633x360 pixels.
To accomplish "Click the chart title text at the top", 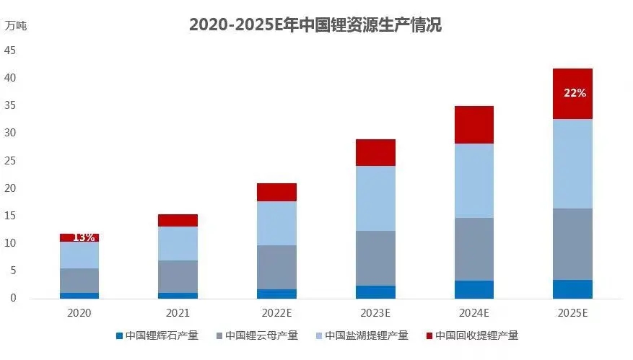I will tap(315, 25).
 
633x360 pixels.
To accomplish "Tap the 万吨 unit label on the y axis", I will tap(16, 25).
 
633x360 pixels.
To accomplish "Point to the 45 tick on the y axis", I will tap(10, 51).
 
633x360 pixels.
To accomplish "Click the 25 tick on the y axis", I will tap(10, 161).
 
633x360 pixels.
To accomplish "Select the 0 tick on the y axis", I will tap(12, 298).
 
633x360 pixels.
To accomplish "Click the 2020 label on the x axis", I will tap(79, 312).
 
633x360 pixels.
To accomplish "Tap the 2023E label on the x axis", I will tap(375, 312).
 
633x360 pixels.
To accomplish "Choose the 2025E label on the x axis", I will tap(572, 312).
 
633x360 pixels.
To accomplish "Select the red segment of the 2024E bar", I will tap(473, 125).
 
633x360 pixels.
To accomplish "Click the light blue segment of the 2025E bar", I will tap(572, 164).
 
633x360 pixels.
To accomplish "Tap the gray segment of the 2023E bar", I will tap(375, 258).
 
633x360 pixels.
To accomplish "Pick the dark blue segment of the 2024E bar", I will tap(473, 289).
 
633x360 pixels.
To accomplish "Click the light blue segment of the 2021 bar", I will tap(178, 243).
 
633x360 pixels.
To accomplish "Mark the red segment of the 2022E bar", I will tap(276, 192).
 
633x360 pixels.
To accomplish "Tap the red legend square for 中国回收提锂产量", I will tap(429, 335).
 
